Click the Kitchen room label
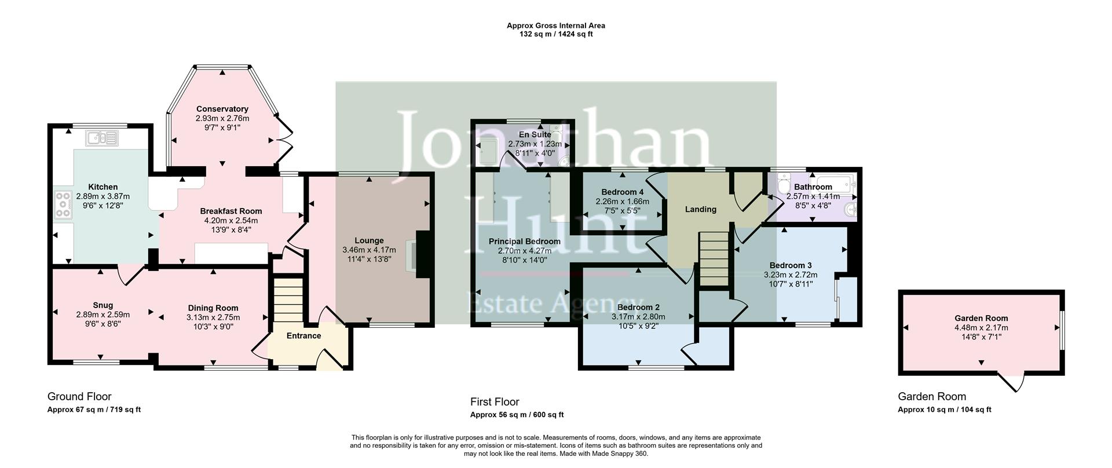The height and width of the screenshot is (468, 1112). point(103,187)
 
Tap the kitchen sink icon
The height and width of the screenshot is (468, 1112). point(101,138)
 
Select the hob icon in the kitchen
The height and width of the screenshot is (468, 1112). point(63,204)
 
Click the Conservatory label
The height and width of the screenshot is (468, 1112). point(222,109)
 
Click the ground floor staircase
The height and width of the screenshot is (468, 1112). point(288,301)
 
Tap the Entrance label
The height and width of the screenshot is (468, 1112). point(303,336)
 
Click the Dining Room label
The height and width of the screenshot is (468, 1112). point(213,308)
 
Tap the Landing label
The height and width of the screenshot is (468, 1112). point(700,210)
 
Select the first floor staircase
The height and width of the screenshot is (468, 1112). point(714,258)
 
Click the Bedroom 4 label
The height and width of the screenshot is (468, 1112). point(622,192)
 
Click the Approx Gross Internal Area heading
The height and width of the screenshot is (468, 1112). point(555,25)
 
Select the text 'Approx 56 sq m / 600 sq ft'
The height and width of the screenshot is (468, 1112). point(517,415)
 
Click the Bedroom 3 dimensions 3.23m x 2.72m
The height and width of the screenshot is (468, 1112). point(790,275)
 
